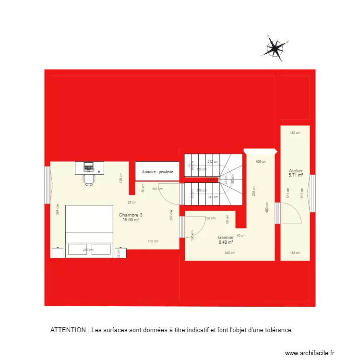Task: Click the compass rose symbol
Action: (275, 47)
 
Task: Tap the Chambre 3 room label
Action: (131, 215)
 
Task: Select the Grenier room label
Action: (226, 237)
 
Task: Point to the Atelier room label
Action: (296, 170)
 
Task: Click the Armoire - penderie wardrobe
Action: (157, 171)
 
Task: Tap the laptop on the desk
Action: (88, 167)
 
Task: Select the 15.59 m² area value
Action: (131, 220)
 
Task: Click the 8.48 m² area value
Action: (226, 242)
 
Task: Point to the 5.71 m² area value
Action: (296, 176)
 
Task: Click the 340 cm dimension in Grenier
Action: (230, 253)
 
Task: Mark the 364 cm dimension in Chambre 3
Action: (57, 209)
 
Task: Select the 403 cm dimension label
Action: (266, 210)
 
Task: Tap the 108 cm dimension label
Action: (260, 162)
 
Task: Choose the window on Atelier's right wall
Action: (312, 194)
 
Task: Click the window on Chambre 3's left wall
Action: (48, 185)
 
